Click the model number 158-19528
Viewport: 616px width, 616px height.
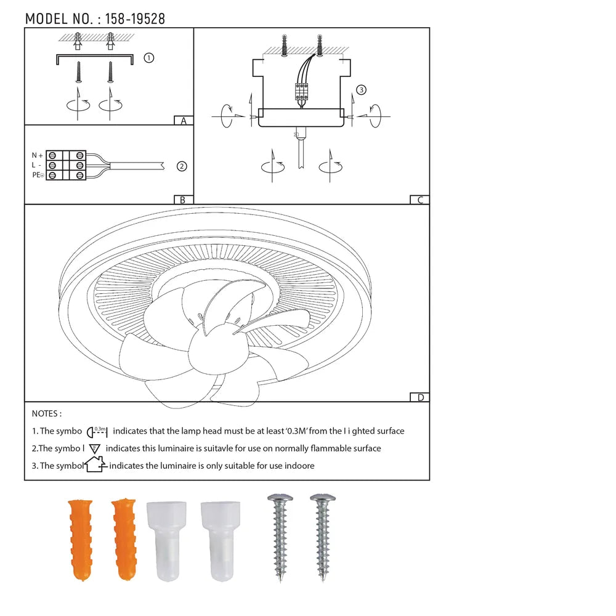135,19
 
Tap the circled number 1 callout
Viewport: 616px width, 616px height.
148,58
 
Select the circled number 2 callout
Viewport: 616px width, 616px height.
182,166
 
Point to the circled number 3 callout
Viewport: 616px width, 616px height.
361,90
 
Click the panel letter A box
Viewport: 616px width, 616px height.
184,121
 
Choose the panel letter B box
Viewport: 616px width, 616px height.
184,200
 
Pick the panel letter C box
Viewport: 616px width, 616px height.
419,200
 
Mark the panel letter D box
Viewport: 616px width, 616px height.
419,397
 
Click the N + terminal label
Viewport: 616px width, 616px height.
38,156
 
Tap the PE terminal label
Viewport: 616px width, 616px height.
38,175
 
